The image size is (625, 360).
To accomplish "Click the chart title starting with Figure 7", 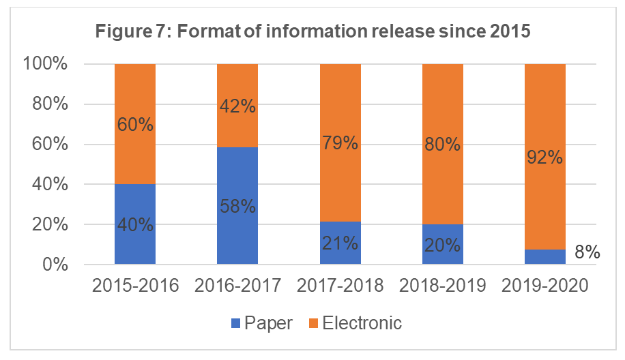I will coord(312,32).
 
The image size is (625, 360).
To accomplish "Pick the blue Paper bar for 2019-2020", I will coord(544,257).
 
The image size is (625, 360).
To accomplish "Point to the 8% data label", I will coord(586,253).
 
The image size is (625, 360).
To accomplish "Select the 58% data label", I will coord(237,205).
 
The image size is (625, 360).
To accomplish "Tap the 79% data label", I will coord(340,145).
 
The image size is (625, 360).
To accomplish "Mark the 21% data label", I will coord(340,243).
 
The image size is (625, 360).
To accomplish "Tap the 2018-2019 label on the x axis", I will coord(442,286).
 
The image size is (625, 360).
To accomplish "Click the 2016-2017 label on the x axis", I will coord(237,286).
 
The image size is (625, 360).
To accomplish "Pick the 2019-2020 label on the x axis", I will coord(544,286).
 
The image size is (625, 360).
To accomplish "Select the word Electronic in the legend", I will coord(362,322).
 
